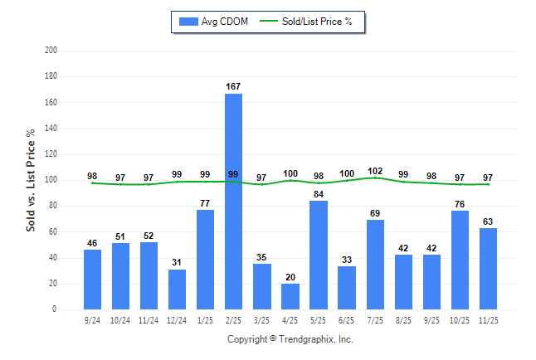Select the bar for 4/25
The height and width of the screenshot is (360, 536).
(290, 297)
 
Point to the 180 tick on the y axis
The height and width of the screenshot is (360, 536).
(51, 76)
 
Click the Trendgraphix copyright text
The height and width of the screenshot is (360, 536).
(290, 339)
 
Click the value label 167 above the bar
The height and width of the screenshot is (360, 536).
(233, 86)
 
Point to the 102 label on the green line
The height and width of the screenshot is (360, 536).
(375, 171)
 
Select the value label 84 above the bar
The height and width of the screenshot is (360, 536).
(319, 194)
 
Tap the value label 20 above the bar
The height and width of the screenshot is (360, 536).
(290, 277)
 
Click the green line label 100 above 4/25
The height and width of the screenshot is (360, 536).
(290, 174)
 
